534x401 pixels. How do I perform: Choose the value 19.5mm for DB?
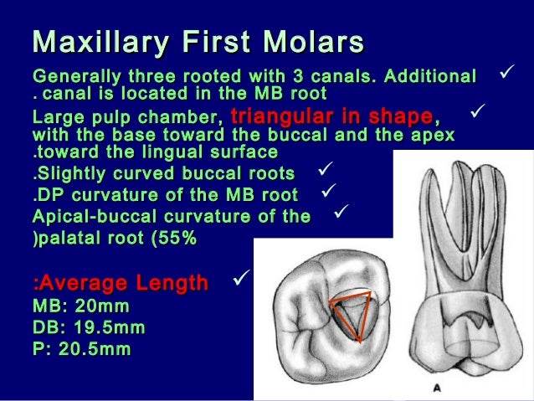(105, 328)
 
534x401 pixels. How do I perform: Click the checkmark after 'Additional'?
(505, 76)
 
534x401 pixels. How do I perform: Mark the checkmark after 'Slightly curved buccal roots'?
(326, 172)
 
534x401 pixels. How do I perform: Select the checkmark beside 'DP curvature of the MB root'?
(328, 193)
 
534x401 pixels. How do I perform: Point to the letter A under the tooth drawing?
(437, 387)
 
